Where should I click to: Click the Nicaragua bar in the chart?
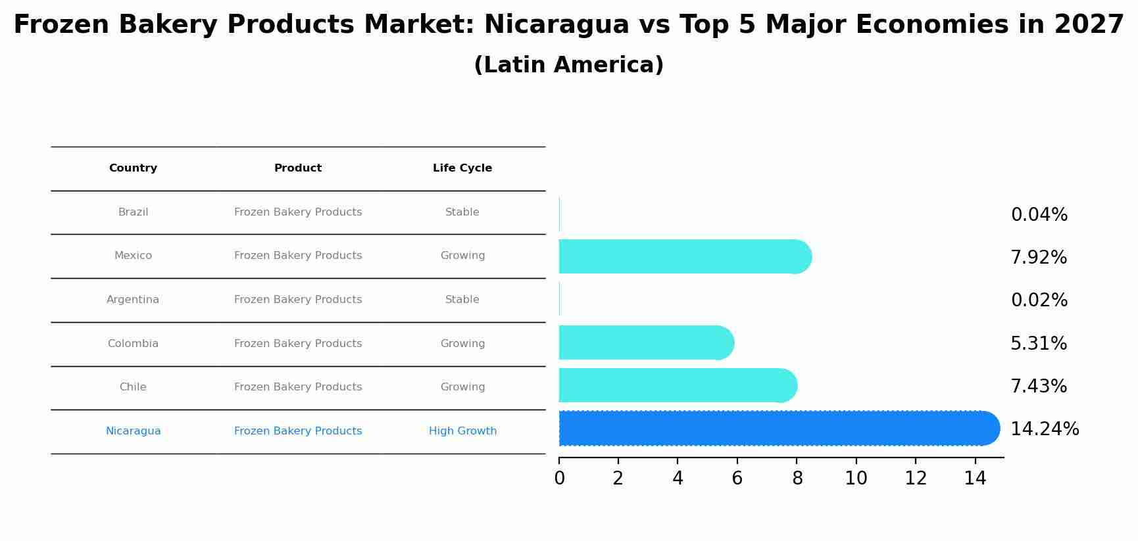coord(776,429)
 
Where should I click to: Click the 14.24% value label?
coord(1044,429)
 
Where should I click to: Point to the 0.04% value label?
coord(1039,215)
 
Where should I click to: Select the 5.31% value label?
coord(1038,343)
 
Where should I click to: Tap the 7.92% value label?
coord(1038,258)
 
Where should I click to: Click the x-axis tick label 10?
coord(856,479)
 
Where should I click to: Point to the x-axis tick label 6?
coord(737,479)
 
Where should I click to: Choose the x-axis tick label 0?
coord(559,479)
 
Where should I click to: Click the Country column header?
coord(133,168)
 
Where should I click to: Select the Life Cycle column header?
coord(462,168)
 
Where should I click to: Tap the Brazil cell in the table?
coord(133,212)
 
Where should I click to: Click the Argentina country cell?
coord(133,300)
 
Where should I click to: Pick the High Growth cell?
coord(462,431)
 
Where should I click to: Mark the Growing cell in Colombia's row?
coord(462,344)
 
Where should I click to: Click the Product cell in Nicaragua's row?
coord(298,431)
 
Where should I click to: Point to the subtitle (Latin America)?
coord(568,65)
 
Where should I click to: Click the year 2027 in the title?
coord(1089,25)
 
